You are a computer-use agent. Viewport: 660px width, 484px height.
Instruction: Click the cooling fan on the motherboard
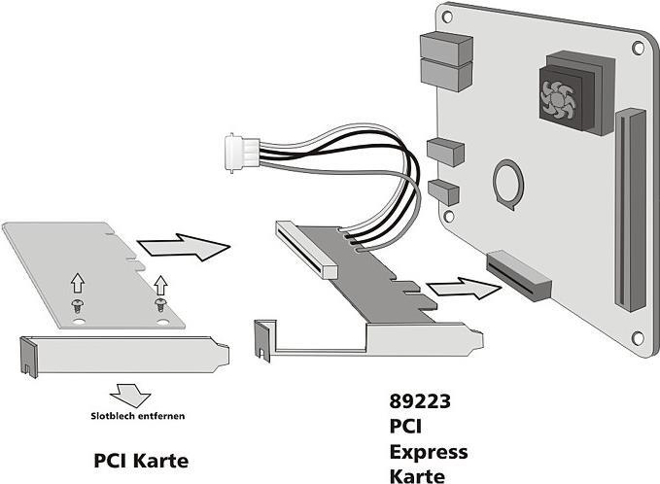560,94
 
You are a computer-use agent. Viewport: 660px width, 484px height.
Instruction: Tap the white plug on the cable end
238,152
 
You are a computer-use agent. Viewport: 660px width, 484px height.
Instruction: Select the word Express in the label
429,452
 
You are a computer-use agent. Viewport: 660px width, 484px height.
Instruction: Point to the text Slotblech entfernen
133,416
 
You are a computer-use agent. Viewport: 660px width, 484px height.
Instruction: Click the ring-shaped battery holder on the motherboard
508,181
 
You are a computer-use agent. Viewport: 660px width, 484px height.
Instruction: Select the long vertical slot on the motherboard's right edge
630,208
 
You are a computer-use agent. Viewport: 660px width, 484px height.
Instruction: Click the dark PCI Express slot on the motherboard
519,273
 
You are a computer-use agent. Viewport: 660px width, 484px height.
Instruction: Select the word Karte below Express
417,476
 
